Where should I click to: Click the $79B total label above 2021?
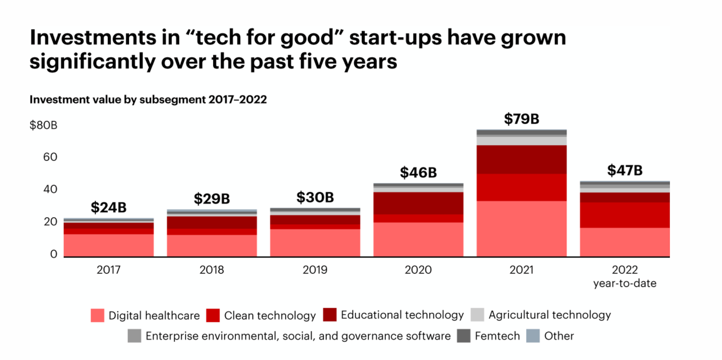[521, 119]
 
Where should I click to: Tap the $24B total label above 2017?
[108, 207]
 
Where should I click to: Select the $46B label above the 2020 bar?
[418, 172]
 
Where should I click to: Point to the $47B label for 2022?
[625, 170]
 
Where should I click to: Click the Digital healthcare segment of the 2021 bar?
[521, 229]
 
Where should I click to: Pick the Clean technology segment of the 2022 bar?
[625, 215]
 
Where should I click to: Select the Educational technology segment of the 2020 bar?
[418, 203]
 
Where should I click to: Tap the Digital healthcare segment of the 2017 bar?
[108, 245]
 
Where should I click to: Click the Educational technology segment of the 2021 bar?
[521, 159]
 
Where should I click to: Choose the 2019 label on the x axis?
[315, 270]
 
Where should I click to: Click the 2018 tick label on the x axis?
[212, 270]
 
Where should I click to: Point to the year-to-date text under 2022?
[625, 283]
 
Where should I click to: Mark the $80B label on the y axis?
[43, 125]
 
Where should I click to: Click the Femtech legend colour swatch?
[464, 336]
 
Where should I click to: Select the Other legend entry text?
[559, 336]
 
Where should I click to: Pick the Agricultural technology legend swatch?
[477, 315]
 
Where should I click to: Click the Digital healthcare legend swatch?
[97, 315]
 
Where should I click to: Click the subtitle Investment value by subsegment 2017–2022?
[148, 99]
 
